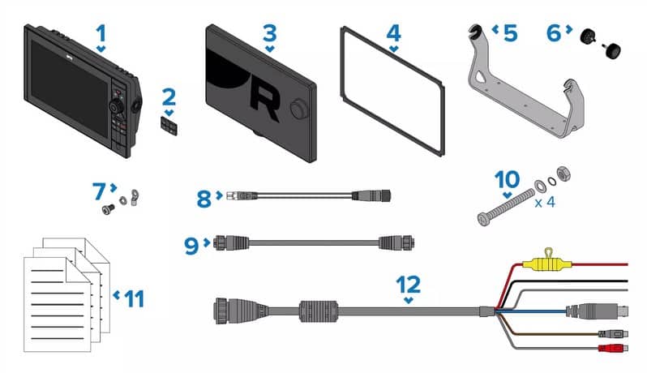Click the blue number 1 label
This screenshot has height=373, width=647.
[x=101, y=33]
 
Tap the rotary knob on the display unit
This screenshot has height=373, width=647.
[x=115, y=107]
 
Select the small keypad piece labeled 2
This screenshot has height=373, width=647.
[x=169, y=126]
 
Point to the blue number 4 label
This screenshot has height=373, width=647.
[x=394, y=33]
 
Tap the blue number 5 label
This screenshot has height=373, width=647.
[x=511, y=33]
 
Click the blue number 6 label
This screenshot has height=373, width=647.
[x=554, y=33]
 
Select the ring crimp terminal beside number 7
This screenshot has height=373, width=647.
[x=134, y=196]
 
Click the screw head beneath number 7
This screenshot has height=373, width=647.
[x=108, y=209]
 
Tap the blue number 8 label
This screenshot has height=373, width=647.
[x=204, y=199]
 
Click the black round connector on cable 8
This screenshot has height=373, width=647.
[x=371, y=195]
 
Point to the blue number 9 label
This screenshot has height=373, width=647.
[x=192, y=246]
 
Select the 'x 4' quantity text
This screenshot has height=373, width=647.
[x=545, y=203]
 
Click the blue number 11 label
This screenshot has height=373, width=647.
[x=134, y=299]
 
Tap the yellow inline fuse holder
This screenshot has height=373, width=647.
[x=543, y=263]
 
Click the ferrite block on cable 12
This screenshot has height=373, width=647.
[x=319, y=311]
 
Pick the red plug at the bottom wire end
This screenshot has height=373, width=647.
[x=612, y=348]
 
